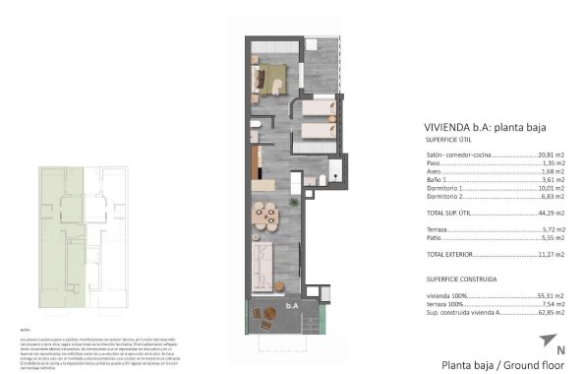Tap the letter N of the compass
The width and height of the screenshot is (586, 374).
click(559, 349)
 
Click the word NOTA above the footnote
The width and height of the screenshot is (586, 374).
click(26, 329)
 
